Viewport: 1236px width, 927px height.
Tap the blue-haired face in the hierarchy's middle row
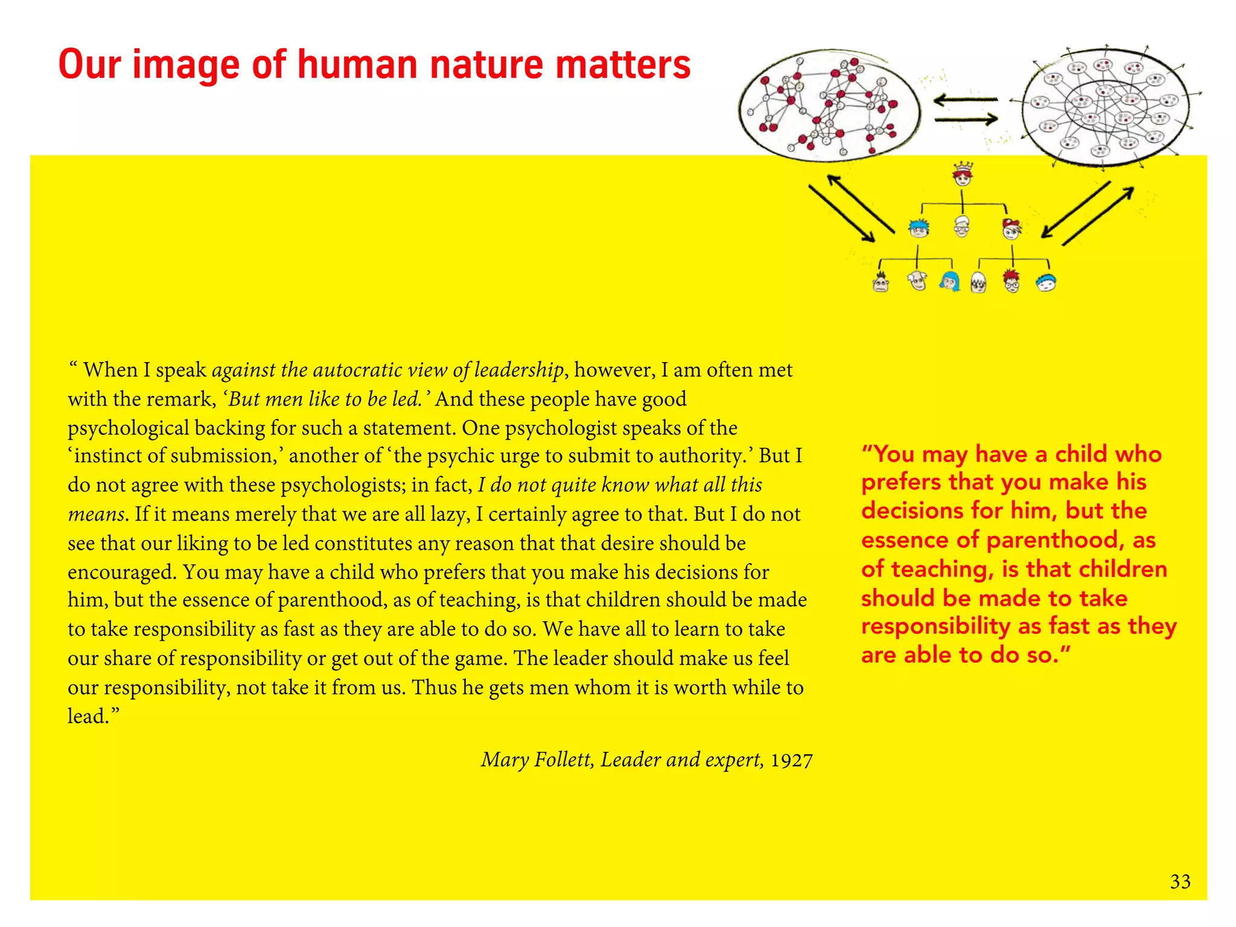(919, 228)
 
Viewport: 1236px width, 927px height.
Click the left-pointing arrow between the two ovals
(966, 100)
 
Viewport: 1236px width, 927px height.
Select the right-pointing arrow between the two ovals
(966, 119)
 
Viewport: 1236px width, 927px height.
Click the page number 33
(1180, 882)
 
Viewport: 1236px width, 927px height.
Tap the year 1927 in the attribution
(791, 760)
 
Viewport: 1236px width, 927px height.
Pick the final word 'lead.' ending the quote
(93, 716)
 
